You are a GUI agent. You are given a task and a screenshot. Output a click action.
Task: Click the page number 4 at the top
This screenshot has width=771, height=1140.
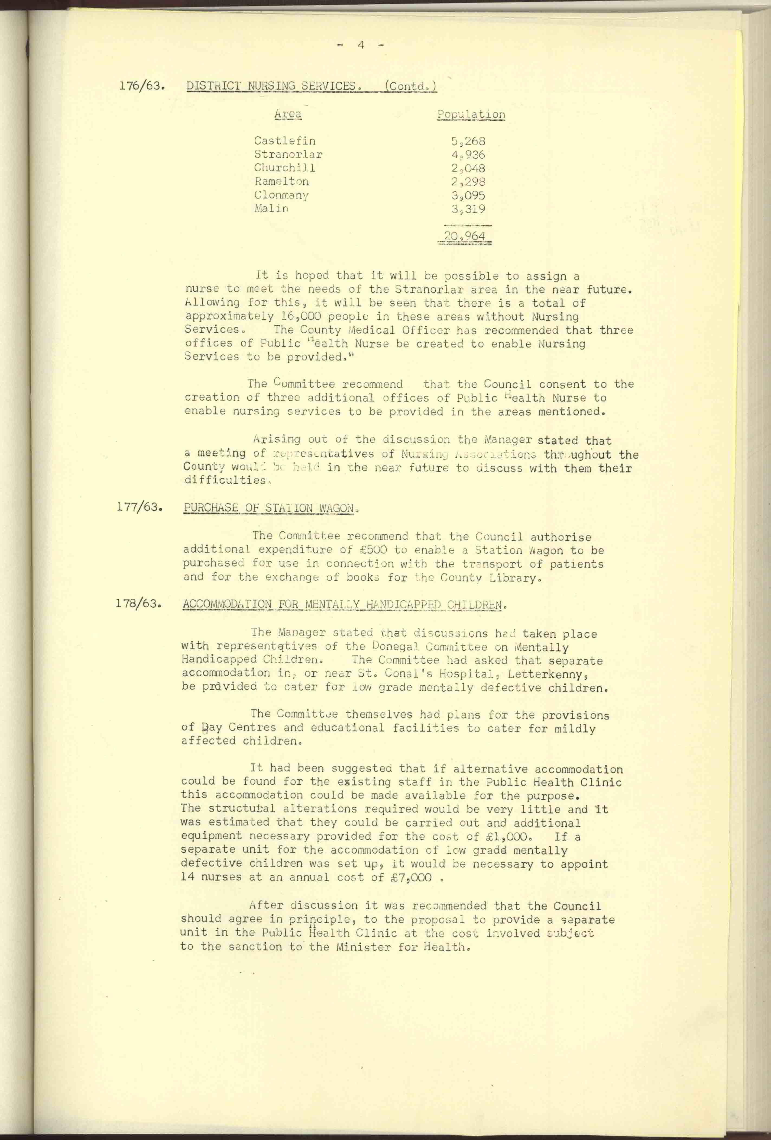click(x=361, y=45)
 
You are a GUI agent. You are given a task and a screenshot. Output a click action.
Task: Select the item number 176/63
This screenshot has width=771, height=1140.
click(x=141, y=86)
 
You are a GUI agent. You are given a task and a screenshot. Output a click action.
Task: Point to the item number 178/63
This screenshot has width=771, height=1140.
click(x=138, y=603)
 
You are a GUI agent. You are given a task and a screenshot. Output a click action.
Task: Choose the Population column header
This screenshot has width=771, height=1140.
click(x=471, y=114)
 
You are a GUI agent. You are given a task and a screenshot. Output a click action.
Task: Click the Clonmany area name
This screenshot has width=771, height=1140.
click(x=281, y=195)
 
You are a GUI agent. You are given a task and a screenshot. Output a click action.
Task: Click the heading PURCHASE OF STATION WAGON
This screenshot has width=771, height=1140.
click(x=268, y=508)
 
